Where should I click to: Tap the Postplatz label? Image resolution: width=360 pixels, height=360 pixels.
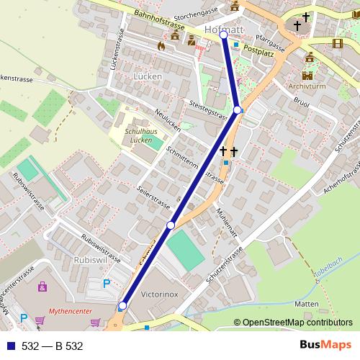259,50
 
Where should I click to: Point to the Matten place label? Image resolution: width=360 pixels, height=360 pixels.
306,304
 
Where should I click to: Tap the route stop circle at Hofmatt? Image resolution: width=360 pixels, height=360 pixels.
223,35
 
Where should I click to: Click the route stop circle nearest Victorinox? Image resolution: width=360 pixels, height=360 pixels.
122,306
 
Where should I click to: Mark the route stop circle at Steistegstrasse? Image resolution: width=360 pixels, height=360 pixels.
238,109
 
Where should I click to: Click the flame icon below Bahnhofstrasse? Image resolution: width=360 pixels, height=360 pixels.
161,45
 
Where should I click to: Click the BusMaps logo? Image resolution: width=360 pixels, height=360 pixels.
322,345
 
